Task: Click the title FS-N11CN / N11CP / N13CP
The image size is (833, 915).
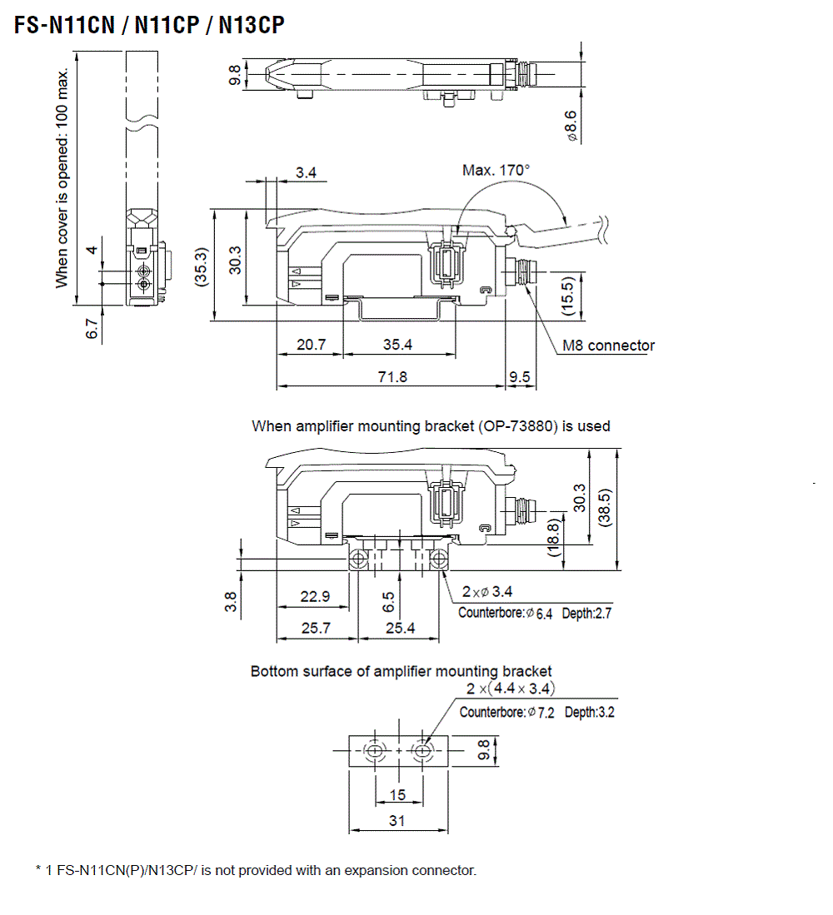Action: pos(149,25)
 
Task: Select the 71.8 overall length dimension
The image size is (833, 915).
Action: pos(392,376)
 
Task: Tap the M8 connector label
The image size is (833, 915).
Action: pos(608,346)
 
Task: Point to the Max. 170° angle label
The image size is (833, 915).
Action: pos(496,170)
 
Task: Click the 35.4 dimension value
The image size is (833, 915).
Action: pos(397,344)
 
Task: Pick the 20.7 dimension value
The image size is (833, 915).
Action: pos(310,344)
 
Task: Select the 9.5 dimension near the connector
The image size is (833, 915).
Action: pos(520,376)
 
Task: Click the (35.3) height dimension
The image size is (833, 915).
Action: pos(201,265)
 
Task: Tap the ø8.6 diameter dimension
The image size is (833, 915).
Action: pos(571,124)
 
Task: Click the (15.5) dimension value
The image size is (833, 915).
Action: pos(568,296)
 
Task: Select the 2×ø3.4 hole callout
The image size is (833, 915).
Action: pos(487,592)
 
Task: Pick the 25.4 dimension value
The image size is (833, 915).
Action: pos(400,628)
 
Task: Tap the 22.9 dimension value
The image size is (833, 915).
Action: pos(315,596)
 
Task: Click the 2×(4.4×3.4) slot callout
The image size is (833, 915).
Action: pos(511,689)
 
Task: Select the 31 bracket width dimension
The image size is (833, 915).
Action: pos(397,820)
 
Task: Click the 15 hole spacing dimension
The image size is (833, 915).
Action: pos(397,794)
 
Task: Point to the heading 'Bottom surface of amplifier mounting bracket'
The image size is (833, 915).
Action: pos(401,671)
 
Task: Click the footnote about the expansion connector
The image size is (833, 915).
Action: pos(257,870)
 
